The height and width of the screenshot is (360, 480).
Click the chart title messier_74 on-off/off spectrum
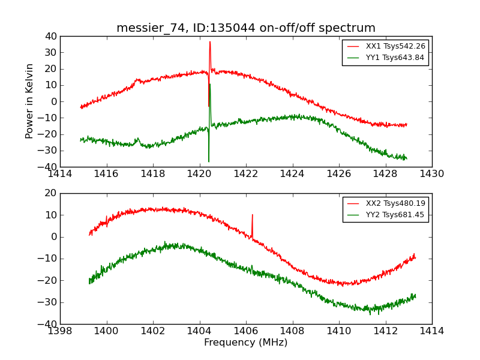point(246,28)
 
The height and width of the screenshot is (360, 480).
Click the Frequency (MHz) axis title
point(246,343)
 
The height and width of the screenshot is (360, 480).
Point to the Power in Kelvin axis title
point(30,101)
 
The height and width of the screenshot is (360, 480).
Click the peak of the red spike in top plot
point(210,41)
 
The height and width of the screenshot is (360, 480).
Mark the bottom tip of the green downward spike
point(209,161)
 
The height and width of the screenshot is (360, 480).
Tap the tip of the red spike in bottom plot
point(252,214)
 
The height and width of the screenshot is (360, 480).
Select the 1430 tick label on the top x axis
point(432,174)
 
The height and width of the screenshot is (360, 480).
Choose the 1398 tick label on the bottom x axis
point(60,331)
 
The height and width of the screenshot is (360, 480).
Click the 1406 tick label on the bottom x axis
point(246,331)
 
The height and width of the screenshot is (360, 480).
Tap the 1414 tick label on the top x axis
point(60,174)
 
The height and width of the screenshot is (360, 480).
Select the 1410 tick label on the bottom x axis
point(339,331)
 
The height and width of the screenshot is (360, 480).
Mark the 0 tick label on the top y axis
point(53,101)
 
